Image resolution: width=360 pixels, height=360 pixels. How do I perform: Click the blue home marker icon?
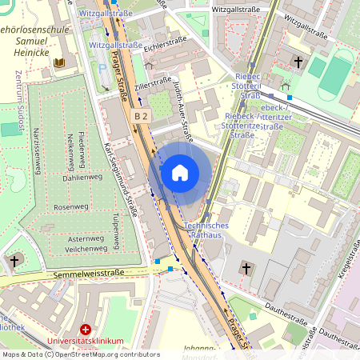(180, 172)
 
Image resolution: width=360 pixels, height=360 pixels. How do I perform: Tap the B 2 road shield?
(142, 117)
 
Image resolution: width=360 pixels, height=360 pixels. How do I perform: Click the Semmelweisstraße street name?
(90, 274)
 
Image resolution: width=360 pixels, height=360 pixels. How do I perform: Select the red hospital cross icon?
(86, 330)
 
